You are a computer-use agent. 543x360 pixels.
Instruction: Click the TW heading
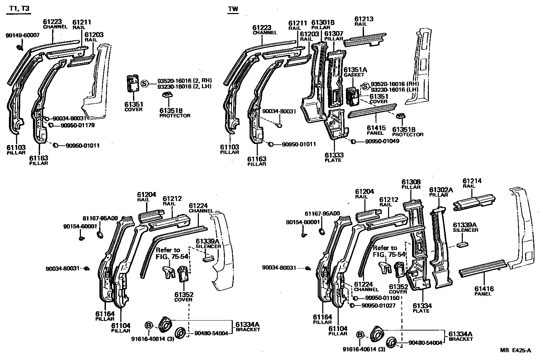(x=233, y=9)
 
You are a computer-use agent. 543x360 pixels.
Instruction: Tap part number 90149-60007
(x=23, y=35)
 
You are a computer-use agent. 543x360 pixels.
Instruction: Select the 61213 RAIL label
(x=364, y=21)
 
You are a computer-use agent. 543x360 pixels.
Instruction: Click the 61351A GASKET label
(x=355, y=72)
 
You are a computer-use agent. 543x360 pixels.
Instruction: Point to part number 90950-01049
(x=382, y=141)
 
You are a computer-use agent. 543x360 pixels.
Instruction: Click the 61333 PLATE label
(x=334, y=157)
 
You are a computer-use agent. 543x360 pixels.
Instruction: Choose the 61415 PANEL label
(x=376, y=130)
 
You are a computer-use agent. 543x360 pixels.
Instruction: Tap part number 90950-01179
(x=77, y=125)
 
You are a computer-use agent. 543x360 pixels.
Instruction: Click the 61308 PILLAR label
(x=411, y=184)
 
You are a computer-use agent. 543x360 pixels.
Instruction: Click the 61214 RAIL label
(x=472, y=183)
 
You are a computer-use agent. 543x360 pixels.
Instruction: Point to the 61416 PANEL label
(x=484, y=291)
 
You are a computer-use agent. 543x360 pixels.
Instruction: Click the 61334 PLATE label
(x=422, y=308)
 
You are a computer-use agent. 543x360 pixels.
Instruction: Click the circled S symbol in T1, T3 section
(x=144, y=84)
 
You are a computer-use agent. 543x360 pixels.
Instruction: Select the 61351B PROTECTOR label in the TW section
(x=408, y=132)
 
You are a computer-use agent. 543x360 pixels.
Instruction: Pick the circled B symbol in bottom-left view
(x=148, y=325)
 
